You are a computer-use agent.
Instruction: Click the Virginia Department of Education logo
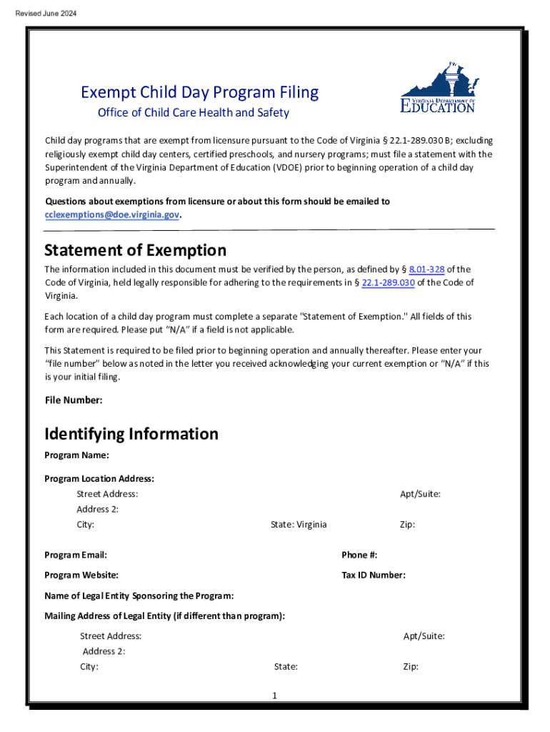(438, 89)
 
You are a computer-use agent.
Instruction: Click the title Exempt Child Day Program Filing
(199, 92)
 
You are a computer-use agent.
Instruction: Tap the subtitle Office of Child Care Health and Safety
(193, 113)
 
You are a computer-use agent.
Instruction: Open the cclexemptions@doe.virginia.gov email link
(112, 214)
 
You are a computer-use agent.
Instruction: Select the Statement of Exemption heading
(135, 250)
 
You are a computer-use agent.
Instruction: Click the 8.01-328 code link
(426, 269)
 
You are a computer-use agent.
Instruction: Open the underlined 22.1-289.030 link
(389, 282)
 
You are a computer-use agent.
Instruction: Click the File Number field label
(74, 400)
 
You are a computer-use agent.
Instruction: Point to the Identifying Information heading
(131, 434)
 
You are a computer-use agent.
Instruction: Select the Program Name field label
(76, 455)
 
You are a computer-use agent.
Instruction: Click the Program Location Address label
(99, 478)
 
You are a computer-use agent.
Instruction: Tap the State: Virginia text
(299, 525)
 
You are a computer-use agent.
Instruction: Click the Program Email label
(76, 555)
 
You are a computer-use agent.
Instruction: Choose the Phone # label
(359, 555)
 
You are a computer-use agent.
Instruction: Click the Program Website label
(81, 575)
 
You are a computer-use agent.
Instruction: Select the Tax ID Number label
(374, 575)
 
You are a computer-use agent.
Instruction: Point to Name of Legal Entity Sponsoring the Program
(139, 595)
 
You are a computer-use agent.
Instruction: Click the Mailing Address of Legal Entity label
(164, 615)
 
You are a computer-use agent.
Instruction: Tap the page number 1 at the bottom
(274, 696)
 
